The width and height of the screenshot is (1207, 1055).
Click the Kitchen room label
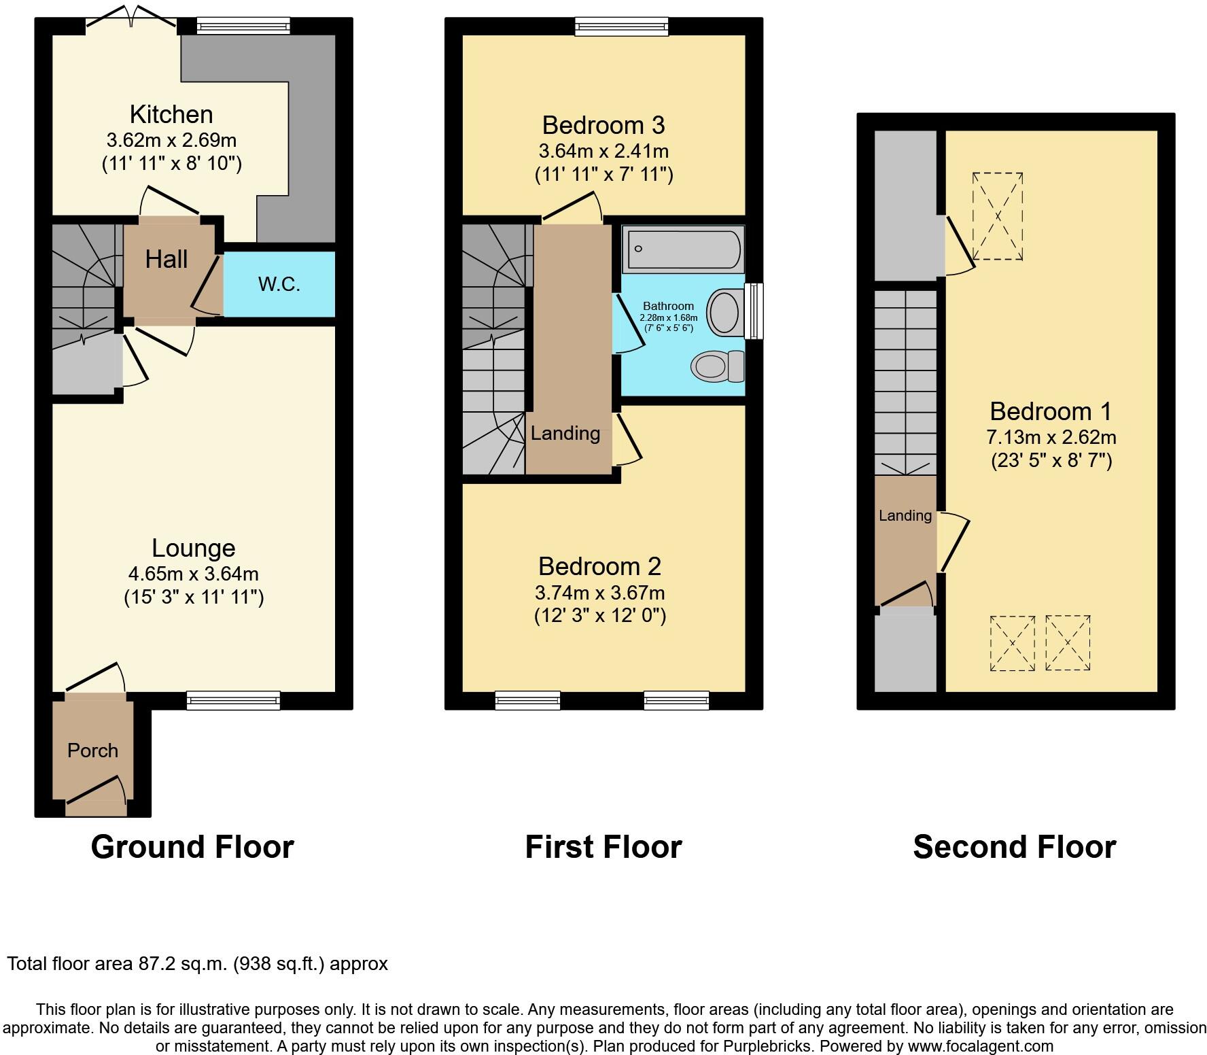pos(171,114)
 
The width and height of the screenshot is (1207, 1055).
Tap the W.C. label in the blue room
pos(279,284)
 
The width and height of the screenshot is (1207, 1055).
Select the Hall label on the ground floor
pos(167,259)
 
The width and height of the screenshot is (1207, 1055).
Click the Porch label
pos(92,750)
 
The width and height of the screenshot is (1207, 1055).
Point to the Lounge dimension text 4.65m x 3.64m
pos(193,574)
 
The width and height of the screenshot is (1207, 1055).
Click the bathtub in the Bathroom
pos(683,249)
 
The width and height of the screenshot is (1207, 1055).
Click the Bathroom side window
pos(753,311)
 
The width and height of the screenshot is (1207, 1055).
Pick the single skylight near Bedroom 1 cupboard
pos(998,216)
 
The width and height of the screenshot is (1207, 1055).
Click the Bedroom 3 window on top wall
pos(621,26)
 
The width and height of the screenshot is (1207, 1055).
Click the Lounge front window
pos(233,700)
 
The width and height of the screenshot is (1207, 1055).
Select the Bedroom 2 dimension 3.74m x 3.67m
pos(599,593)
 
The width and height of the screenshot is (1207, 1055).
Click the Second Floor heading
pos(1014,847)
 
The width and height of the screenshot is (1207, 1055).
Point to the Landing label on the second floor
pos(905,516)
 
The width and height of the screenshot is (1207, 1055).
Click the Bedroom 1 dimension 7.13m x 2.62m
pos(1051,437)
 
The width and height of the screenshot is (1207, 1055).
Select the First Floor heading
pos(603,847)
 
